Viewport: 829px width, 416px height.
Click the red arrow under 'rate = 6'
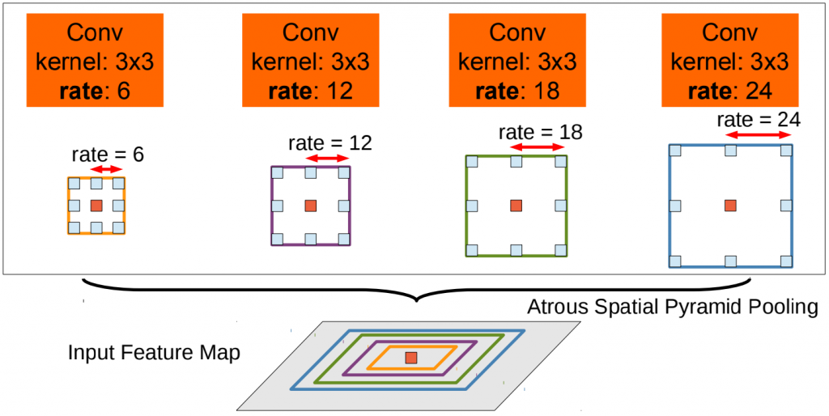(106, 169)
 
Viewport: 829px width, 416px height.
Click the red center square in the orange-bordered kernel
(96, 206)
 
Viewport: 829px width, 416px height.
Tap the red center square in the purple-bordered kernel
(310, 206)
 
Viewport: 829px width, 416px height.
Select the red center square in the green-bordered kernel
(516, 206)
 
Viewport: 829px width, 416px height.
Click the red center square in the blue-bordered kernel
(730, 206)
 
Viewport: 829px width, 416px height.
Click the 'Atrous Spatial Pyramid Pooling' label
(672, 308)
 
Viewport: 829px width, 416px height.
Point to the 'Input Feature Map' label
(154, 354)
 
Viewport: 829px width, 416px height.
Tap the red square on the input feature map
(411, 358)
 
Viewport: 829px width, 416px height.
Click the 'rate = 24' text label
(759, 120)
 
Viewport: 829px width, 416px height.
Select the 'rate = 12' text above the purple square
(329, 143)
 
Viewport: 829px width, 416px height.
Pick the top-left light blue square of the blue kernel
(675, 151)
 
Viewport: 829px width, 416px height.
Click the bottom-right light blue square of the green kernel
(560, 249)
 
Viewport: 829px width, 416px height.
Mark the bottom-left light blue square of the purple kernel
(276, 239)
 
